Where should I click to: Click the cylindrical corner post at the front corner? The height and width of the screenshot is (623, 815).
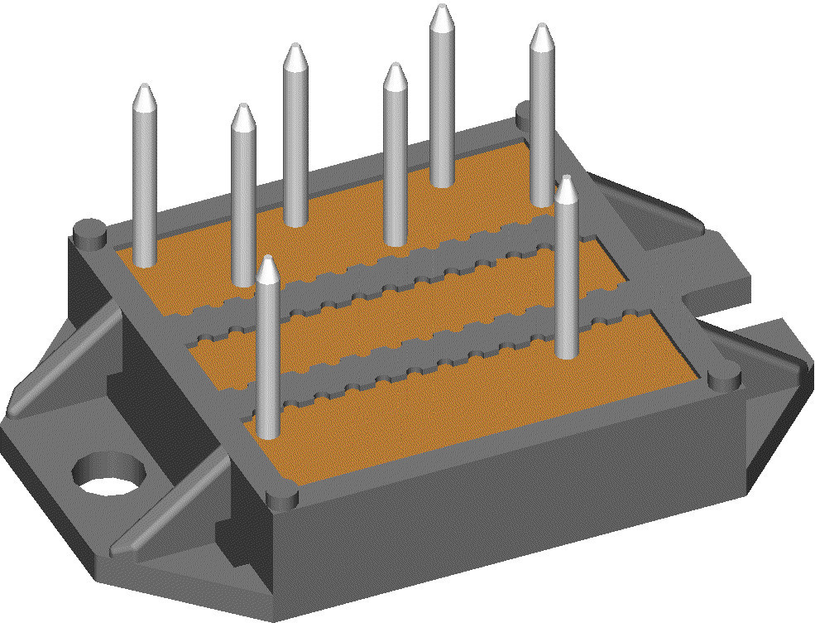click(283, 499)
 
